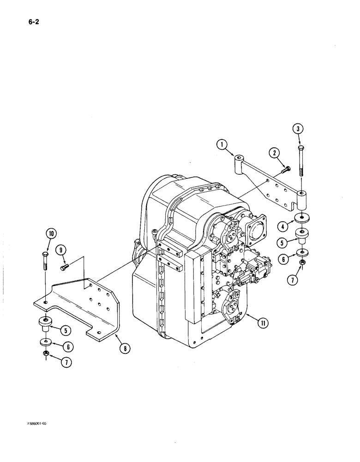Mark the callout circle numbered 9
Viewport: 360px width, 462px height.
(x=60, y=250)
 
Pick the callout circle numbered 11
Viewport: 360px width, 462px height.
(x=262, y=323)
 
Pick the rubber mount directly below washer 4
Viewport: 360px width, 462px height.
(x=301, y=237)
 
